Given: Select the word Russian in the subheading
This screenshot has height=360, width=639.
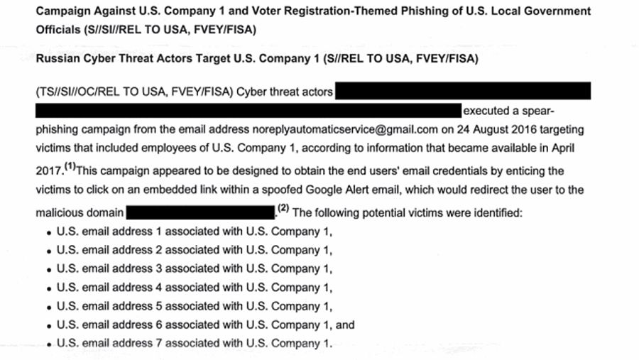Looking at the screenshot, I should click(x=57, y=60).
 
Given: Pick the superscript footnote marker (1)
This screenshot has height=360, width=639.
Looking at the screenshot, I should click(x=70, y=168).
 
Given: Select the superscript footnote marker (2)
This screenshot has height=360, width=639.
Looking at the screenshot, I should click(x=283, y=208).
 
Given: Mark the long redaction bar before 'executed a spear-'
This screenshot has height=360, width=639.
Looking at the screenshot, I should click(x=248, y=111).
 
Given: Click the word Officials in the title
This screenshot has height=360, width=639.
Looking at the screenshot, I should click(x=60, y=31).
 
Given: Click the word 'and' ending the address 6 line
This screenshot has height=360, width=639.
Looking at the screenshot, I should click(x=345, y=325).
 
